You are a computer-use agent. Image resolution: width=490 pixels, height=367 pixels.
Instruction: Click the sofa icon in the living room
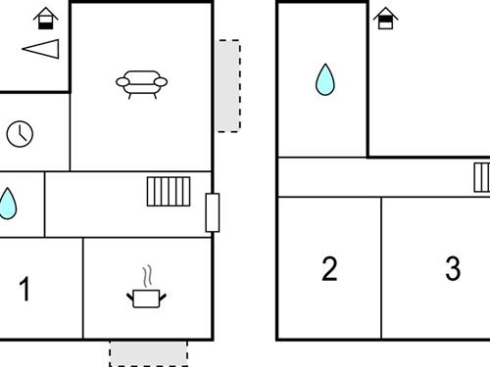(x=142, y=84)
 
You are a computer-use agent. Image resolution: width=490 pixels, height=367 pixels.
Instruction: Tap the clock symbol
(x=20, y=134)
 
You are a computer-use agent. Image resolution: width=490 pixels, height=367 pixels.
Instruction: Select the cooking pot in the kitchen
(x=146, y=298)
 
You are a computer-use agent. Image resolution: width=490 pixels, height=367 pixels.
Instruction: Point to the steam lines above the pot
(x=148, y=276)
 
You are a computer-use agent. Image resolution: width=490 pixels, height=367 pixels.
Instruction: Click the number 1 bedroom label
(x=24, y=289)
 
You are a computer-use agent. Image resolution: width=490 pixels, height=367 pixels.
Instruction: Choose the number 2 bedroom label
(x=329, y=269)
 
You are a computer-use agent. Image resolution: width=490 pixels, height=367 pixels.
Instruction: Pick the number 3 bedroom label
(x=453, y=268)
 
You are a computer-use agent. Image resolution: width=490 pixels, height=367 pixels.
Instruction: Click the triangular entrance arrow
(x=41, y=49)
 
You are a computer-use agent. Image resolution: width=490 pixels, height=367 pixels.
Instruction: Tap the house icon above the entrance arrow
(x=46, y=19)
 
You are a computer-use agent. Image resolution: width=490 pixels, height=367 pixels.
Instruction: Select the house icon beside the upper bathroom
(x=385, y=19)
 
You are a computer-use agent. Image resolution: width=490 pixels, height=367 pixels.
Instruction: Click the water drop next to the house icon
(x=325, y=79)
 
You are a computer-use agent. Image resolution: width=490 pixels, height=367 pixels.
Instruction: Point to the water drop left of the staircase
(x=7, y=204)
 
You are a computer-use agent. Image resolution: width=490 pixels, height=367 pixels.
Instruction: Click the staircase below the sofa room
(x=169, y=192)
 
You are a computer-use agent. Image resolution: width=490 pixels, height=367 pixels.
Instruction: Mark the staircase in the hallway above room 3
(x=482, y=177)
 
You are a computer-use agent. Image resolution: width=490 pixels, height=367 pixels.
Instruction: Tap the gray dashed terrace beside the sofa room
(x=228, y=86)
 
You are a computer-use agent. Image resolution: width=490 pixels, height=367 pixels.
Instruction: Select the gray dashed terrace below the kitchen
(x=148, y=353)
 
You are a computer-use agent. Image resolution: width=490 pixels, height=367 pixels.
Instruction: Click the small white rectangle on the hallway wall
(x=213, y=212)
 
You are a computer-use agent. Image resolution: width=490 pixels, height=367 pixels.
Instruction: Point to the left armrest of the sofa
(x=122, y=82)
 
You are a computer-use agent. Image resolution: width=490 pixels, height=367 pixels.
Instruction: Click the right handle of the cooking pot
(x=163, y=297)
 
